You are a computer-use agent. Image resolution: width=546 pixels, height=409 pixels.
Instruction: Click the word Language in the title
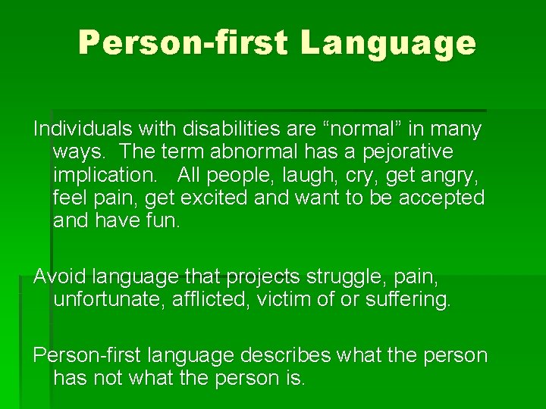[x=388, y=44]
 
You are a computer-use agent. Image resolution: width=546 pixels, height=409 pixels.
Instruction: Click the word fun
[x=164, y=220]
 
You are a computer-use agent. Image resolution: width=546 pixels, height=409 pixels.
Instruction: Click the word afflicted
[x=215, y=300]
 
